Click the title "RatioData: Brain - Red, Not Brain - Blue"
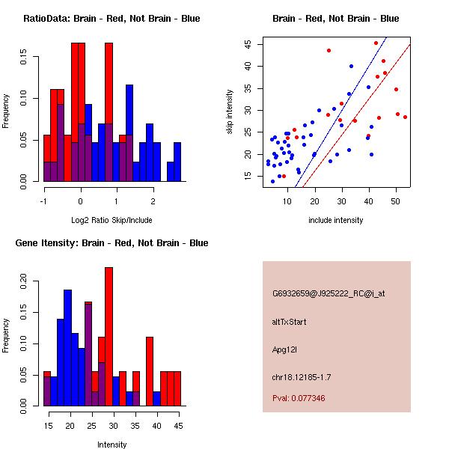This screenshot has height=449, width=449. pos(112,19)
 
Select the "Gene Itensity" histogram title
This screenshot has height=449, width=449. pos(112,243)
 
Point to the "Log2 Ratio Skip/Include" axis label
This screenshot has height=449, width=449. pos(112,220)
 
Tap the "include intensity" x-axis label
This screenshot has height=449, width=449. pos(336,220)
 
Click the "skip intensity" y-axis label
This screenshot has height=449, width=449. pos(230,112)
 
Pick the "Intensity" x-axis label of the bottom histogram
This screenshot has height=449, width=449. pos(112,445)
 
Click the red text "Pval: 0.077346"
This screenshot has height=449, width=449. pos(299,399)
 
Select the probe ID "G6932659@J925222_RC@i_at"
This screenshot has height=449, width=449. pos(329,294)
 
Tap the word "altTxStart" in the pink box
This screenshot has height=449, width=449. pos(290,322)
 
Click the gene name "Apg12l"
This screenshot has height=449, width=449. pos(285,349)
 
